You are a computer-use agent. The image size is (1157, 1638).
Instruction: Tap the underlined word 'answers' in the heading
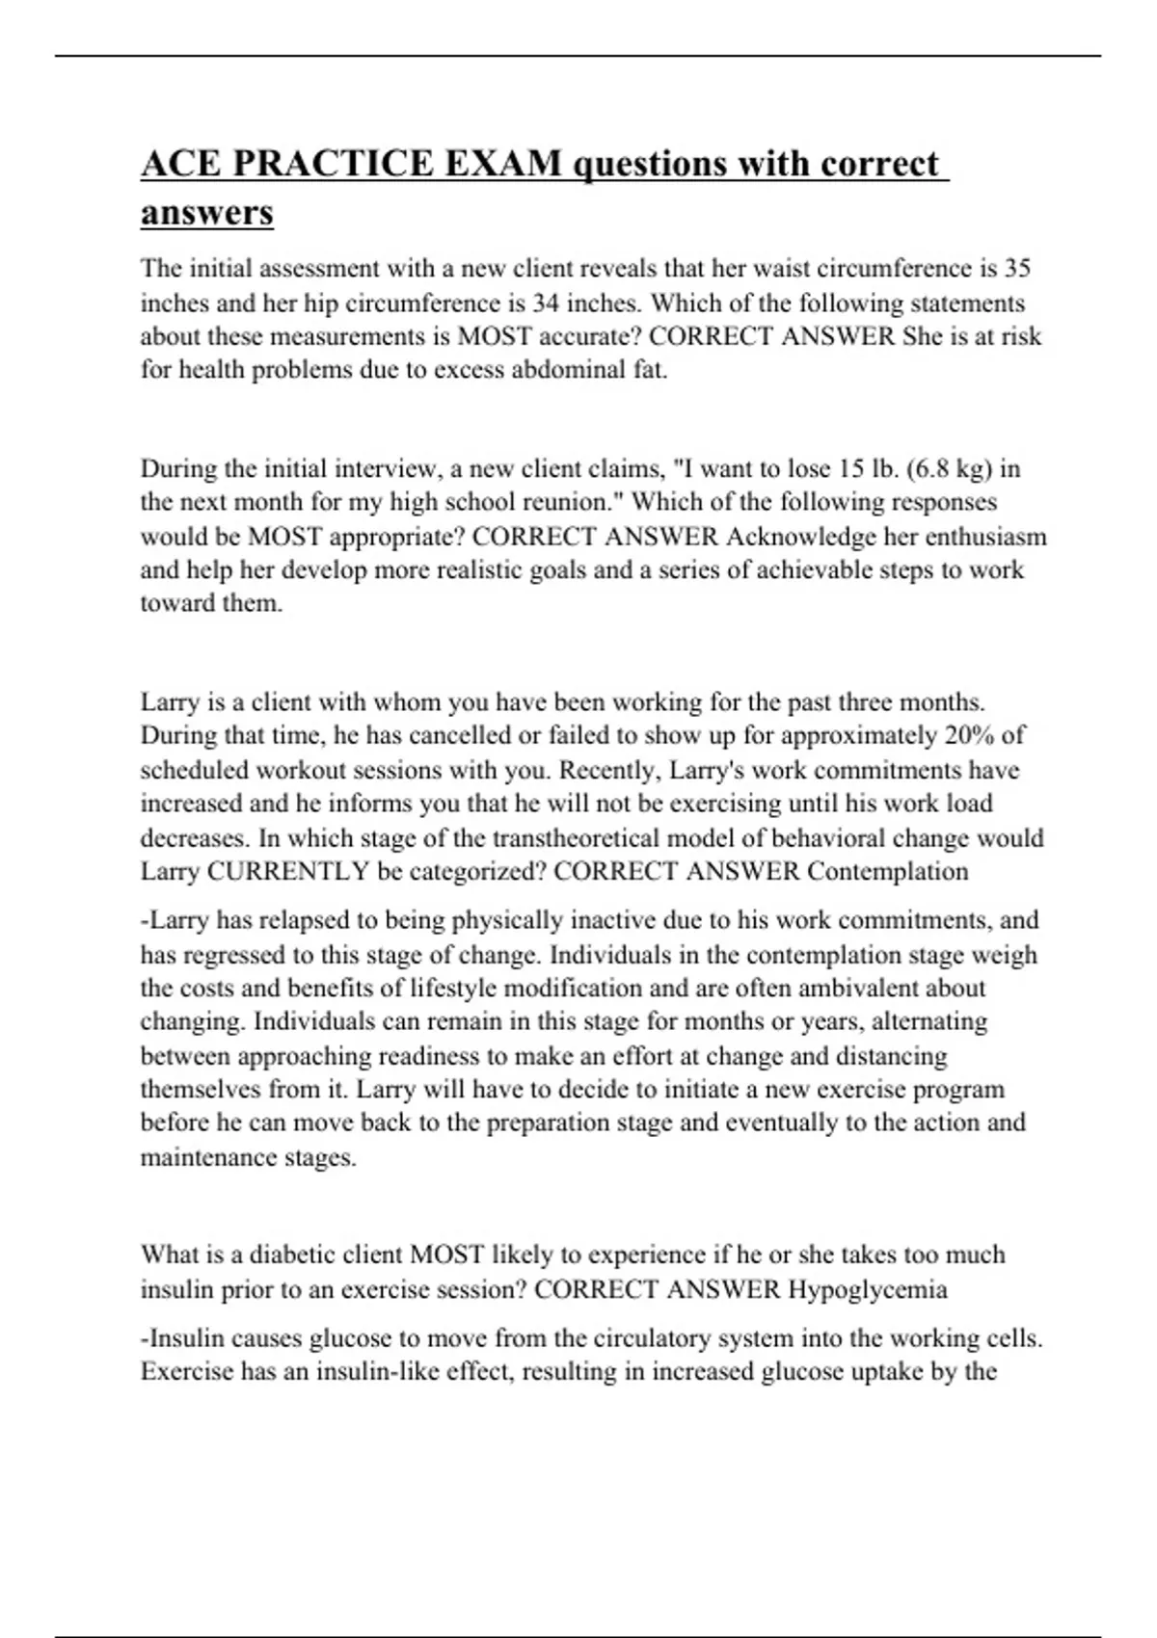point(206,212)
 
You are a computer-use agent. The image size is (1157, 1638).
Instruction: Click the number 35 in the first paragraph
point(1017,268)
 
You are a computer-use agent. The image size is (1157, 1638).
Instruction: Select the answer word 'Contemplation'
point(887,871)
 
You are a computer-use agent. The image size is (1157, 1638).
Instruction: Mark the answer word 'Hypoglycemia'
point(867,1289)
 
